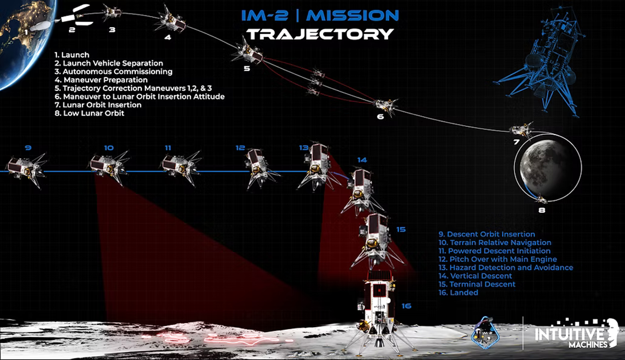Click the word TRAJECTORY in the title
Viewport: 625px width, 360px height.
click(320, 34)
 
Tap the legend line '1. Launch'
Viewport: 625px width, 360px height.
click(72, 55)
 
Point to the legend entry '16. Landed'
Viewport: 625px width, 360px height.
click(458, 293)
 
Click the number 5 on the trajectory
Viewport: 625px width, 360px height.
click(247, 69)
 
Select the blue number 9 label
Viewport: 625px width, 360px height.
click(28, 148)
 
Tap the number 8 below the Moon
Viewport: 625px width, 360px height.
click(542, 210)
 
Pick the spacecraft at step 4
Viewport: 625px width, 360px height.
click(173, 19)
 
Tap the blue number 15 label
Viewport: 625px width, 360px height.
click(401, 229)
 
